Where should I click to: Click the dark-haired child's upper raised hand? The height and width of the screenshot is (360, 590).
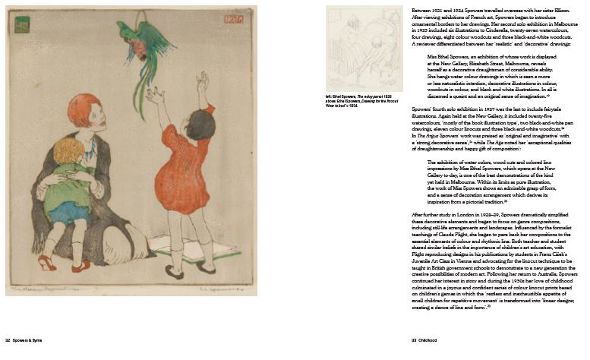click(x=202, y=79)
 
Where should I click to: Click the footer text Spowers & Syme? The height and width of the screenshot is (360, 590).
click(x=26, y=340)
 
